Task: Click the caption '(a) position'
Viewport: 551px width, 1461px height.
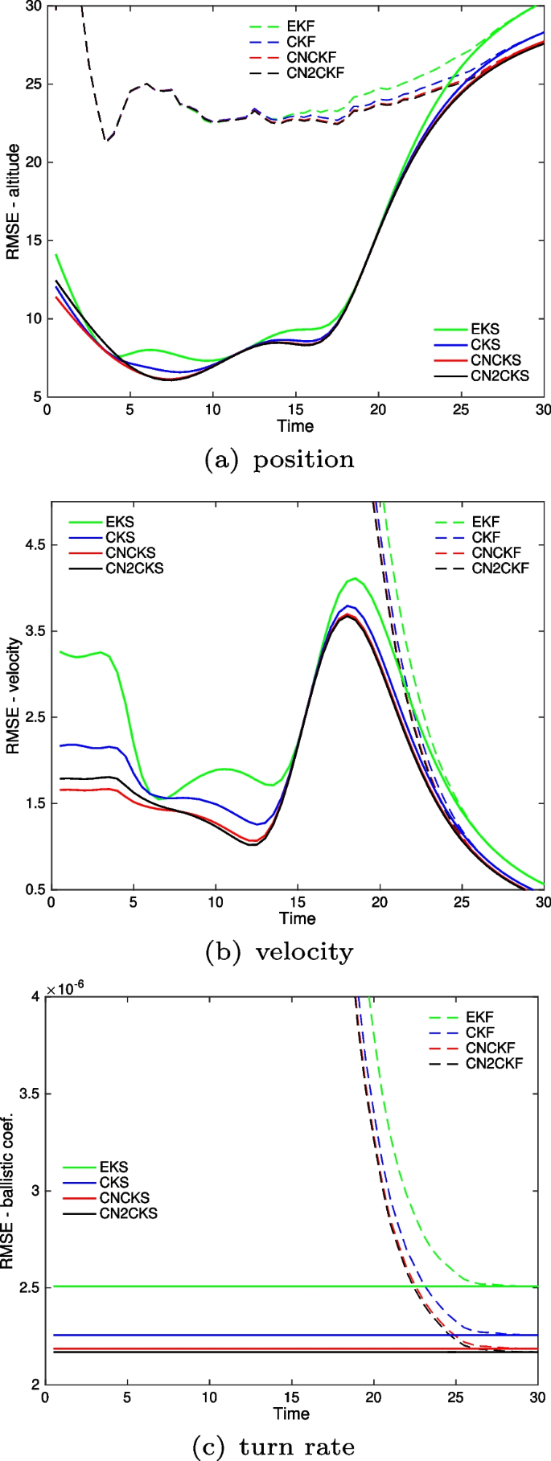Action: pyautogui.click(x=280, y=459)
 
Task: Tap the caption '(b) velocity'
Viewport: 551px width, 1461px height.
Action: pyautogui.click(x=280, y=952)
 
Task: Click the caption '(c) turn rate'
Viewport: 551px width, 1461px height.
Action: pyautogui.click(x=273, y=1446)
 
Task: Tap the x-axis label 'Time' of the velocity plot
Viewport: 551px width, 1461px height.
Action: pyautogui.click(x=297, y=918)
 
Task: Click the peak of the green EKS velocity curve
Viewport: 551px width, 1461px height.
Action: pyautogui.click(x=353, y=578)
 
